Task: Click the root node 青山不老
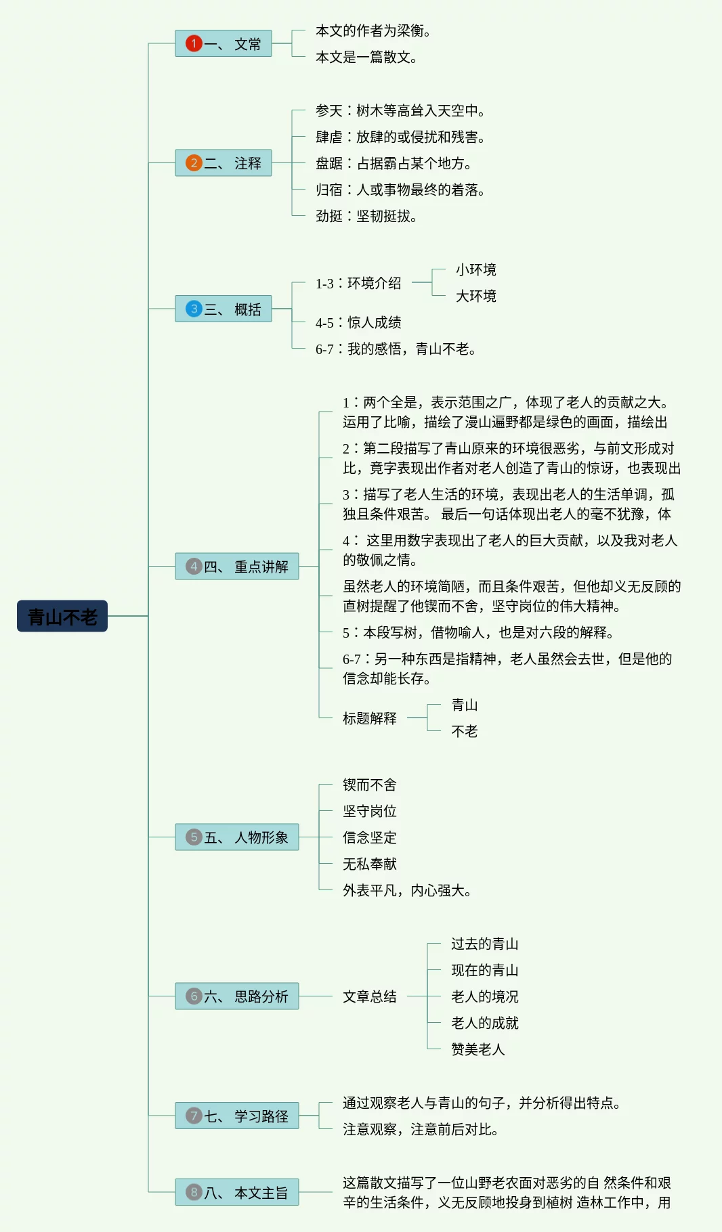point(62,616)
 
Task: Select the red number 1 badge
point(194,44)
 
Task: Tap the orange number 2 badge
point(194,163)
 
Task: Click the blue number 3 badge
point(194,309)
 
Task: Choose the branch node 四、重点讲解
point(237,567)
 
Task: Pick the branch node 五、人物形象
point(237,837)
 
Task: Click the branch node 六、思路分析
point(237,996)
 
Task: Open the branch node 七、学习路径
point(237,1116)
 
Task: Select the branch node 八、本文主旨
point(237,1193)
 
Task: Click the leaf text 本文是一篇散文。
point(366,58)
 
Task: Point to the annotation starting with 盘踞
point(394,164)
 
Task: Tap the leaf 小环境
point(475,270)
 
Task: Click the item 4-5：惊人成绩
point(358,323)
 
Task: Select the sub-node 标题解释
point(370,718)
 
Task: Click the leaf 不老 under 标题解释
point(465,732)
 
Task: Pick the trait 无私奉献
point(370,864)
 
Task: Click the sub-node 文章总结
point(370,996)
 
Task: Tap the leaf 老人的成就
point(485,1023)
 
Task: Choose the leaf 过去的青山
point(485,944)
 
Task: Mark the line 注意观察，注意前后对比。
point(421,1130)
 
